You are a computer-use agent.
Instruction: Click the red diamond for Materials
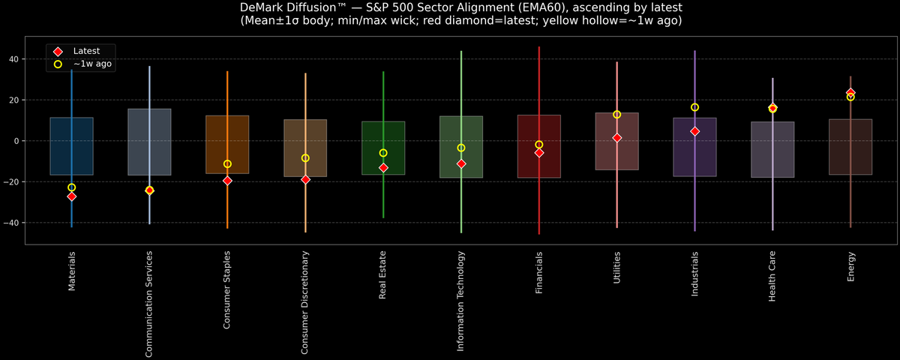(72, 196)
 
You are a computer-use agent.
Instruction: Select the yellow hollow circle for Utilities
(617, 115)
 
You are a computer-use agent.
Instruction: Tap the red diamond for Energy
(850, 93)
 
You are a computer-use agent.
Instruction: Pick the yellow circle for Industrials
(695, 107)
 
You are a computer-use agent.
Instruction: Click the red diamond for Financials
(539, 152)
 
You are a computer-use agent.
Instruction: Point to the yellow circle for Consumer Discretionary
(305, 158)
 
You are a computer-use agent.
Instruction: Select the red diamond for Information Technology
(461, 163)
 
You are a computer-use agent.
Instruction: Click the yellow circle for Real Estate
(383, 153)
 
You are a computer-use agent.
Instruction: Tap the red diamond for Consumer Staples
(227, 181)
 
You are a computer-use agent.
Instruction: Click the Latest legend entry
(86, 51)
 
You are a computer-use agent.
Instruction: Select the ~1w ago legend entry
(92, 64)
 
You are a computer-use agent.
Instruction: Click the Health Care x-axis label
(772, 277)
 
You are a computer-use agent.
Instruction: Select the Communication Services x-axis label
(149, 303)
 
